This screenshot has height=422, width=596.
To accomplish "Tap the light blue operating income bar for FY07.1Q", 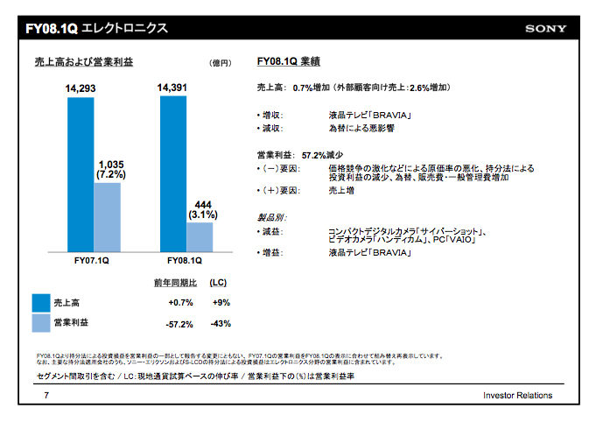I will coord(107,216).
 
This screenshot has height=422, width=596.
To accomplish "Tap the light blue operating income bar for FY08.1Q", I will coord(199,236).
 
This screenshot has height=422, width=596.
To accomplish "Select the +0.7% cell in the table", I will coord(179,302).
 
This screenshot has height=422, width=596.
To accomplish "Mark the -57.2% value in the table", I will coord(179,324).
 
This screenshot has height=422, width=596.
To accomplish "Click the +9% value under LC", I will coord(221,302).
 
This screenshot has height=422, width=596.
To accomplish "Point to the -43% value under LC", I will coord(221,324).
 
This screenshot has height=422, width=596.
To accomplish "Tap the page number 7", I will coord(46,396).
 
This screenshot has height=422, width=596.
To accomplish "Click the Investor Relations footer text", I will coord(517,396).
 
